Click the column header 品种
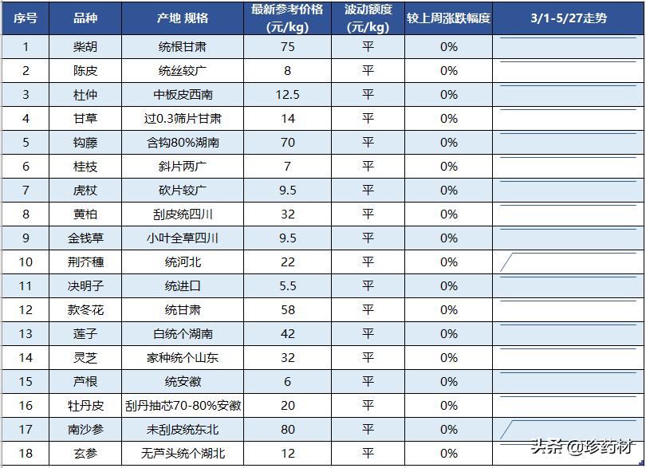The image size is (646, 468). click(x=85, y=18)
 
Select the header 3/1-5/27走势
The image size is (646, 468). click(x=569, y=18)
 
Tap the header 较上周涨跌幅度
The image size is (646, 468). click(x=448, y=18)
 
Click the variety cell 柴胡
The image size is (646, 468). click(x=85, y=47)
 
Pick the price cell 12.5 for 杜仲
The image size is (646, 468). click(x=287, y=95)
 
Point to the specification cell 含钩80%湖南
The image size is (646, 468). click(x=183, y=143)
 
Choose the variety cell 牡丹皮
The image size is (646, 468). click(x=85, y=406)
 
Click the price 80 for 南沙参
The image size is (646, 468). click(x=287, y=430)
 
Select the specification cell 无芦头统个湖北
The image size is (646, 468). click(x=183, y=454)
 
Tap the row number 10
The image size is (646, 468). click(x=26, y=262)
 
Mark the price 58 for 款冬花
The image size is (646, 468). click(x=287, y=310)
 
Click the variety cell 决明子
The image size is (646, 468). click(x=85, y=286)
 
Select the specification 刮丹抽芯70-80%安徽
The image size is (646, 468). click(x=183, y=406)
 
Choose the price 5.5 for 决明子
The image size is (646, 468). click(x=287, y=286)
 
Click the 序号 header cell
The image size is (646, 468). click(x=26, y=18)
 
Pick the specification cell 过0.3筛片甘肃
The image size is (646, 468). click(x=183, y=119)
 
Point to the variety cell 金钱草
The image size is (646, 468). click(x=85, y=238)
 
